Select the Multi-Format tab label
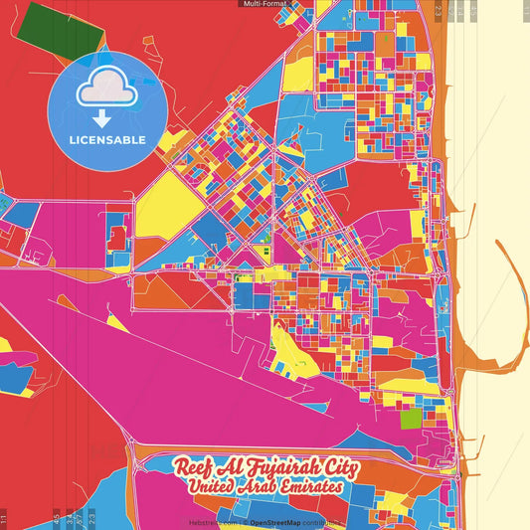(x=264, y=4)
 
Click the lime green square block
(x=411, y=418)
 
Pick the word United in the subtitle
(x=216, y=488)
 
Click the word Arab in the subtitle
(x=265, y=488)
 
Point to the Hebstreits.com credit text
(x=213, y=522)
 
